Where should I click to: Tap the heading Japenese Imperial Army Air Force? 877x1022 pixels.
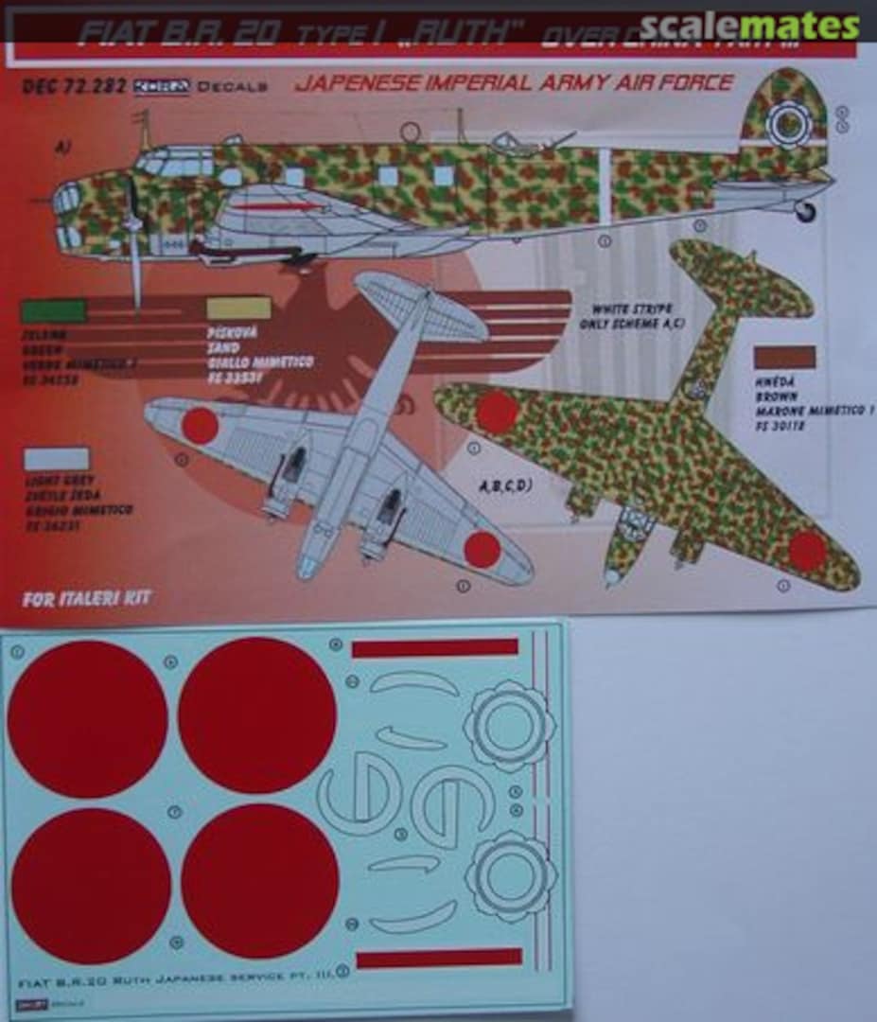click(514, 83)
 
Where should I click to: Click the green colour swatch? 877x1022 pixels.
click(53, 310)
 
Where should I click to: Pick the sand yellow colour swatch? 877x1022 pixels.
click(238, 308)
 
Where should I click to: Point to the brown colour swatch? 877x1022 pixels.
click(784, 357)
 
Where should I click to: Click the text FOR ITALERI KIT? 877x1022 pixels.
click(86, 597)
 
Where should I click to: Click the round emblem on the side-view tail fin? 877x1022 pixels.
click(788, 122)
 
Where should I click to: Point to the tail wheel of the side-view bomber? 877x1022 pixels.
click(805, 211)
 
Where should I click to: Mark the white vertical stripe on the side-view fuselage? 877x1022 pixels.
click(602, 185)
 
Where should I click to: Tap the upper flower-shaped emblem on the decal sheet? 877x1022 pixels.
click(509, 726)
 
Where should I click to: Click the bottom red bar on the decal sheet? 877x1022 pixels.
click(439, 958)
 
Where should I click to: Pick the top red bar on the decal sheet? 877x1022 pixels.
click(434, 647)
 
